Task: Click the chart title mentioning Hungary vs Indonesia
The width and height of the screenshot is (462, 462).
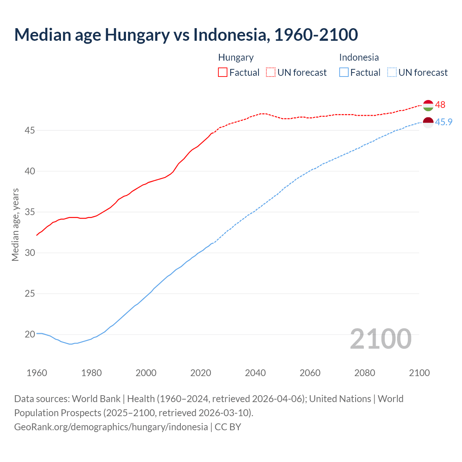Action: (x=186, y=35)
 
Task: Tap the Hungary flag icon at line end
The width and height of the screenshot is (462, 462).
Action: (x=428, y=105)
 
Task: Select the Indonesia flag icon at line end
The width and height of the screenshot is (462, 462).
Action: (x=428, y=123)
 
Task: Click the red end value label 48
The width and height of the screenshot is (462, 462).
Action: (x=440, y=105)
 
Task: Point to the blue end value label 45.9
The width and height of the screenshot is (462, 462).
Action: (x=444, y=122)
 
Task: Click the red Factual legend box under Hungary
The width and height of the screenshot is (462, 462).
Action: (x=223, y=73)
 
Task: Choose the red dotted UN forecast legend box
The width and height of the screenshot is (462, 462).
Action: (x=271, y=73)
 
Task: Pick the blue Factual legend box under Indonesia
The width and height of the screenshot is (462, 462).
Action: (x=344, y=73)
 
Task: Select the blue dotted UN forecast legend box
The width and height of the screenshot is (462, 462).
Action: (x=392, y=73)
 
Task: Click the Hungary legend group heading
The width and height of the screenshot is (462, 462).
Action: (x=236, y=57)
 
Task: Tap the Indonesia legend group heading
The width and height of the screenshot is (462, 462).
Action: (x=359, y=57)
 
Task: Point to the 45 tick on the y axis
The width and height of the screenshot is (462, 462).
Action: (x=30, y=130)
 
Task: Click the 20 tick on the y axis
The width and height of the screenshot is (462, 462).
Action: (x=30, y=334)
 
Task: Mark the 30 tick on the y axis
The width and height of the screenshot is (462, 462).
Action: (x=30, y=253)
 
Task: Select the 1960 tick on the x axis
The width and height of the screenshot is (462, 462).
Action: (x=37, y=373)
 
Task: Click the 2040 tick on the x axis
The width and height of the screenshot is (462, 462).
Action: (x=255, y=373)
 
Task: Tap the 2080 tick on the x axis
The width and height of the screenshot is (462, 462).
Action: (x=365, y=373)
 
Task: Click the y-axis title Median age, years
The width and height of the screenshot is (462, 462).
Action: (x=15, y=225)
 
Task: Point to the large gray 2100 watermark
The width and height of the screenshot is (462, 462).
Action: (x=380, y=339)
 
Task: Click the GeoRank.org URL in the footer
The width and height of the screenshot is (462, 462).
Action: (x=111, y=427)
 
